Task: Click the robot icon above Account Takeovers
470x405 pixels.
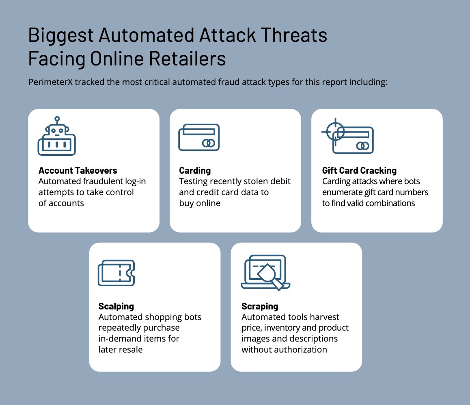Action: pyautogui.click(x=57, y=138)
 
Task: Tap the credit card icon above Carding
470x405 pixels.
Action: pyautogui.click(x=199, y=137)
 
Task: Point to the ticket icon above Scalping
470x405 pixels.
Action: pyautogui.click(x=116, y=272)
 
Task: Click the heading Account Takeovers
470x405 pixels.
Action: pyautogui.click(x=78, y=170)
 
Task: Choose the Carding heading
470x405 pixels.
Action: pyautogui.click(x=195, y=170)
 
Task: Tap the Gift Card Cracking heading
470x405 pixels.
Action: pyautogui.click(x=359, y=170)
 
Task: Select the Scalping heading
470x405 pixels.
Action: pyautogui.click(x=116, y=306)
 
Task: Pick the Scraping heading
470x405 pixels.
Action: pyautogui.click(x=260, y=306)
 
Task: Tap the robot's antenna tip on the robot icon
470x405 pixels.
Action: pyautogui.click(x=57, y=118)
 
